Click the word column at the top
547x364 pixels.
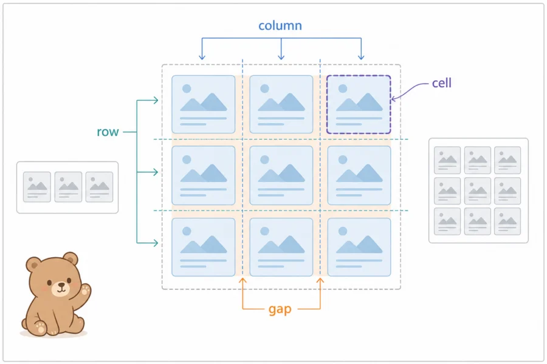280,25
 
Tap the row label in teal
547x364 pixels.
108,132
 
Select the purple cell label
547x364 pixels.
442,83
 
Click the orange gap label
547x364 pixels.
280,309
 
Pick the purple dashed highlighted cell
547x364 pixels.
359,104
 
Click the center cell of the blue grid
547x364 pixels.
281,175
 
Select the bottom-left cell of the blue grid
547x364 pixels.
204,247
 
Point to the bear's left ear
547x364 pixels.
33,265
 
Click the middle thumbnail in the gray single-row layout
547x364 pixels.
68,187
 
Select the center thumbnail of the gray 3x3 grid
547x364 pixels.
478,191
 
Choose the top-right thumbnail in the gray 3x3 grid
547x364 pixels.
507,160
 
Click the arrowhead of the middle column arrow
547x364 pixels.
281,57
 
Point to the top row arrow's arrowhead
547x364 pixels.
155,101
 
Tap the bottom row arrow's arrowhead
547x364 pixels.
155,243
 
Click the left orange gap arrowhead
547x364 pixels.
243,280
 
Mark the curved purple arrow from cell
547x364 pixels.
409,90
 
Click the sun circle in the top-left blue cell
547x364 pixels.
187,89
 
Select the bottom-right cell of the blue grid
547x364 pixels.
359,247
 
